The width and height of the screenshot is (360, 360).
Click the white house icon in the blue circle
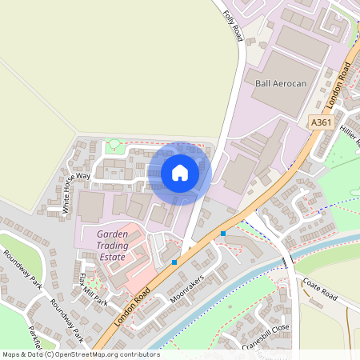point(180,173)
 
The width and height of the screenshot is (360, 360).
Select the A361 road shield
point(321,122)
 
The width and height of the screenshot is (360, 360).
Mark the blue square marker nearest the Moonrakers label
point(174,262)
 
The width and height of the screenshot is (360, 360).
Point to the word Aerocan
point(291,83)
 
